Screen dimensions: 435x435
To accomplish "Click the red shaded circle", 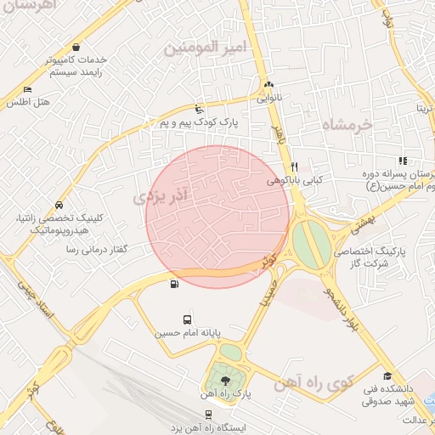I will coord(217,217).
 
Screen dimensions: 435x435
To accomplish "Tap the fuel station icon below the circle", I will coord(174,285).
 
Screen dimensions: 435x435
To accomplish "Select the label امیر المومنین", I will coord(209,48).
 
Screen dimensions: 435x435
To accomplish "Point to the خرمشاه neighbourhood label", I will coord(347,125).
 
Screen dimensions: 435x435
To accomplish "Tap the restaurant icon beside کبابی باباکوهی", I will coord(294,167).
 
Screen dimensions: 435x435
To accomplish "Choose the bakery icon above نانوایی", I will coord(269,85).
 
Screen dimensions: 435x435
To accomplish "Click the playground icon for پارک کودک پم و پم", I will coord(199,109).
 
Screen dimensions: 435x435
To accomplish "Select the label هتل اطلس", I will coord(30,102).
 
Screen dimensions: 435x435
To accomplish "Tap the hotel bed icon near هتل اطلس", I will coord(28,89).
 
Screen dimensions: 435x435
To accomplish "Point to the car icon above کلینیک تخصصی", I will coord(58,205).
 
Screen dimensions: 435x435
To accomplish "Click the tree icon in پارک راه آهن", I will coord(225,381).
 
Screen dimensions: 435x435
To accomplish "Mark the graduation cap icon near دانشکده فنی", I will coord(387,376).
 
